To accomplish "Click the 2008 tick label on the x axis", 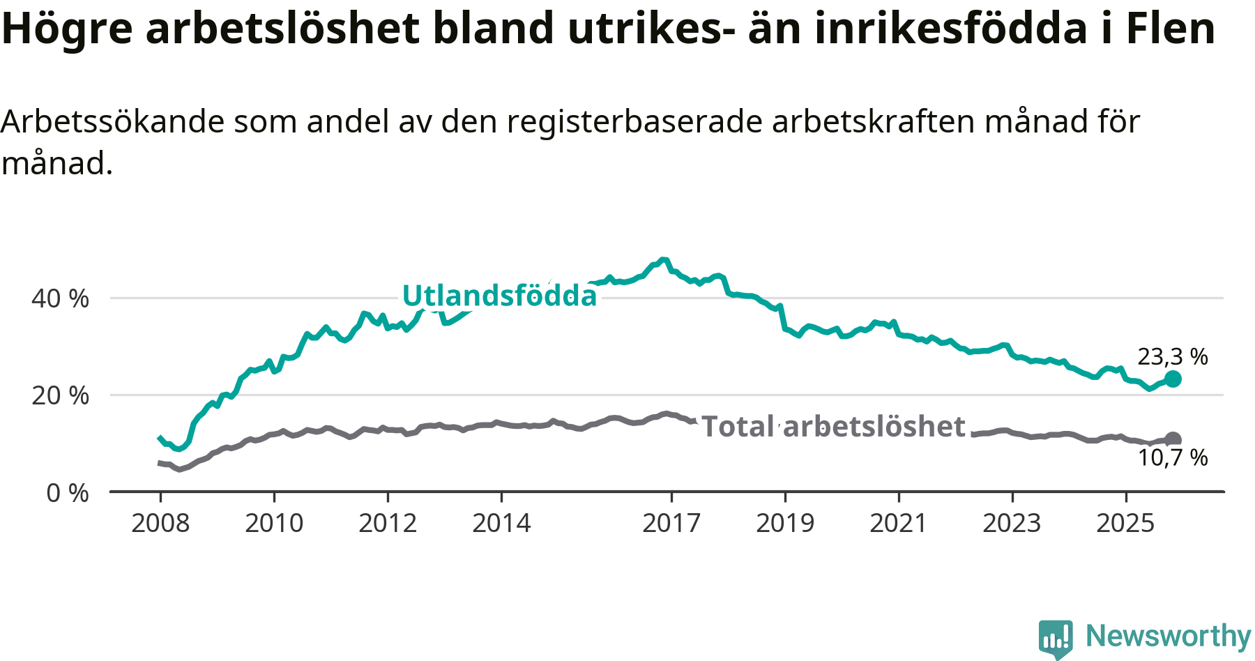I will tap(160, 523).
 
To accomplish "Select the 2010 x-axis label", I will tap(274, 523).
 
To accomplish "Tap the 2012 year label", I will tap(388, 523).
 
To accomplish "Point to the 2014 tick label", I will tap(501, 523).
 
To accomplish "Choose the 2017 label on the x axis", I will tap(671, 523).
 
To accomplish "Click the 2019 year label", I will tap(785, 523).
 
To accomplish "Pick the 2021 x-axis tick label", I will tap(899, 523).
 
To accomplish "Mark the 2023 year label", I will tap(1012, 523).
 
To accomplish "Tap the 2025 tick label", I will tap(1125, 523).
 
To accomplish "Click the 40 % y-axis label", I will tap(60, 298).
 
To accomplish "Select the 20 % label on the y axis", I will tap(60, 396).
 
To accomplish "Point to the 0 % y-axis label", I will tap(68, 493).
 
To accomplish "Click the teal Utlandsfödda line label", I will tap(500, 296).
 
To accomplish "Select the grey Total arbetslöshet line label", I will tap(833, 426).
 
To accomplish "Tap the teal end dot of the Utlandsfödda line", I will tap(1173, 379).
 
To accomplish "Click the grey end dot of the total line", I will tap(1173, 439).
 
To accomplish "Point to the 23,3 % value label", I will tap(1173, 356).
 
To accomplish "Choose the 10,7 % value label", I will tap(1173, 457).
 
